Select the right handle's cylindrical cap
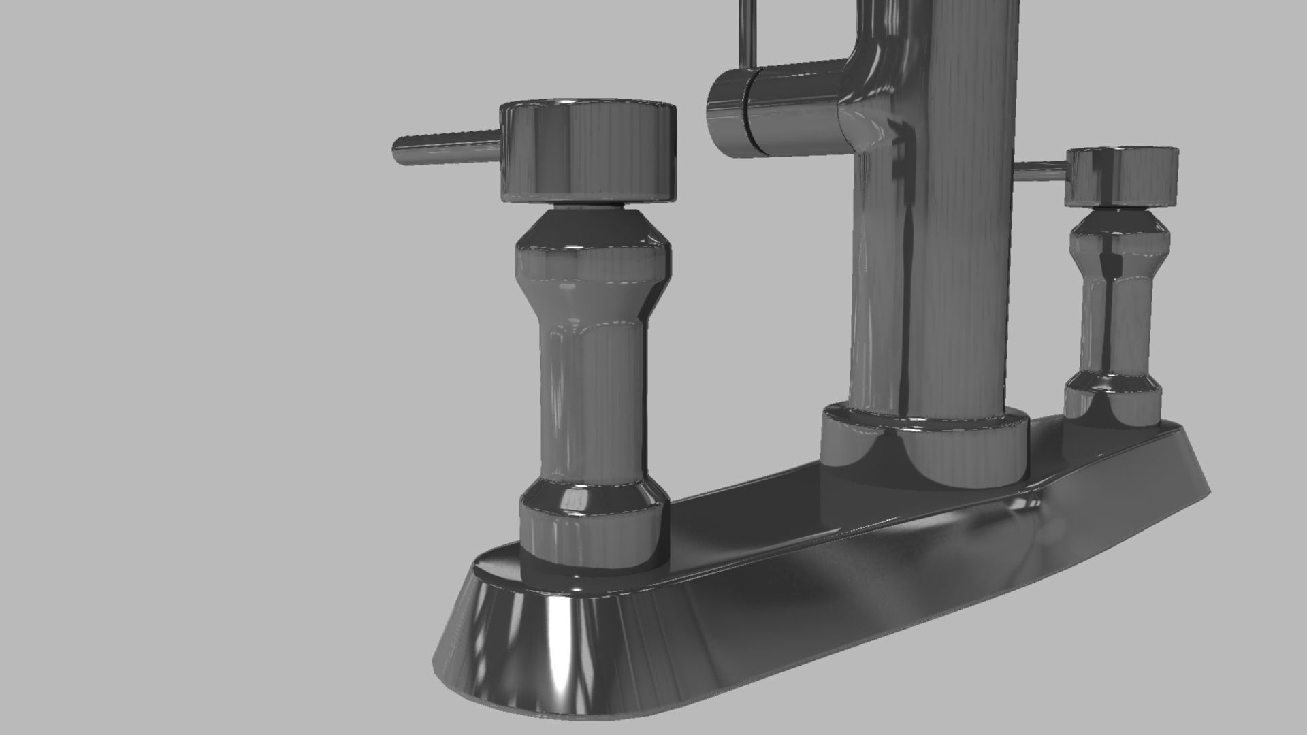1121,176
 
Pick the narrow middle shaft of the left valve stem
591,402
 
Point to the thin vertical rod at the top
748,31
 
